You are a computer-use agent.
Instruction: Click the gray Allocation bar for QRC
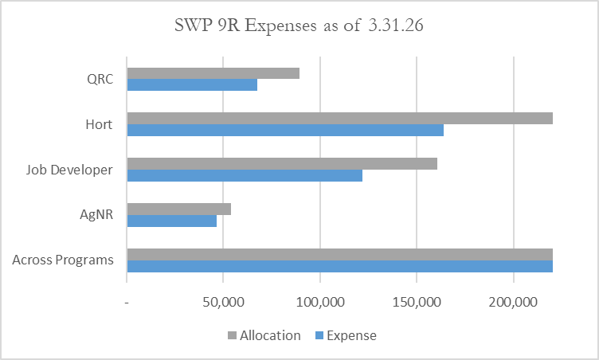point(213,73)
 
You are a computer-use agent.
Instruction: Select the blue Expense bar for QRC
point(192,84)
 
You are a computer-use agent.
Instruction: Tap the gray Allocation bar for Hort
point(339,119)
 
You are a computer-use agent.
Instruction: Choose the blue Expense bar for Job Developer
point(245,175)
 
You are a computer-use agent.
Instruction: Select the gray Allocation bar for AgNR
point(178,209)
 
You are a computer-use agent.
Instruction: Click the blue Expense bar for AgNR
point(171,221)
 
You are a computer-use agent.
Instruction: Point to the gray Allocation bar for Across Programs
point(339,254)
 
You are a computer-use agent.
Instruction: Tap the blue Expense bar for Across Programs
point(339,266)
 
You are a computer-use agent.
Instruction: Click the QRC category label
point(100,79)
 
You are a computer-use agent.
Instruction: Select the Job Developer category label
point(69,170)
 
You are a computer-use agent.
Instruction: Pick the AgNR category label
point(96,215)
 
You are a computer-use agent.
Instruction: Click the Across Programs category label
point(63,260)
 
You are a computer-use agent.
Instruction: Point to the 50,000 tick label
point(223,303)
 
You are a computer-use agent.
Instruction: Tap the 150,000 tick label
point(417,303)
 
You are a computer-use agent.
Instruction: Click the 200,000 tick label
point(513,303)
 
